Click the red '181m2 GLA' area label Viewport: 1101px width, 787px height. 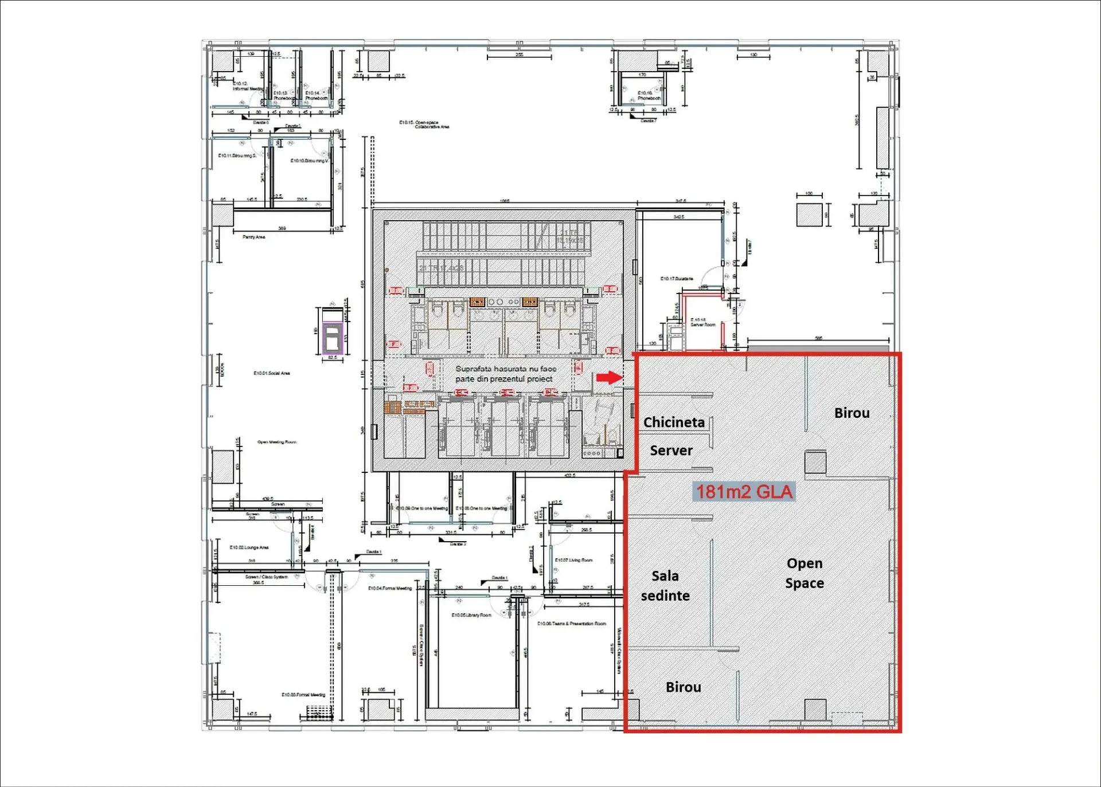[x=744, y=492]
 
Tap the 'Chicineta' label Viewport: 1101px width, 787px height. [x=674, y=422]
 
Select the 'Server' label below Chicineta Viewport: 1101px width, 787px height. [x=671, y=451]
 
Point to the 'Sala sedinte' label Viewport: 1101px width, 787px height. [x=665, y=586]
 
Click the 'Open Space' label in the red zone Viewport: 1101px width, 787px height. [x=805, y=573]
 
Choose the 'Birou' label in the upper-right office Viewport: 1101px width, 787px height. [x=852, y=413]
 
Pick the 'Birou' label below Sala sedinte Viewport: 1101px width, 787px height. [x=683, y=687]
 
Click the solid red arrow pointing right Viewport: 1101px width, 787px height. [x=609, y=377]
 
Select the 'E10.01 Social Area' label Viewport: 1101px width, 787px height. [x=272, y=373]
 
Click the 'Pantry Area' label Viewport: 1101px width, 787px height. [x=253, y=237]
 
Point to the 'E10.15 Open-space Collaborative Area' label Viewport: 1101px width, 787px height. [x=424, y=124]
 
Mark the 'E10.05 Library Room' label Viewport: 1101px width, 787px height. [x=471, y=615]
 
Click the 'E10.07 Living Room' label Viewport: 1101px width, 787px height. [x=573, y=560]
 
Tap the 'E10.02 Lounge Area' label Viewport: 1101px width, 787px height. [x=249, y=547]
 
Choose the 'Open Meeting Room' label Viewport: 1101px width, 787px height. [x=277, y=442]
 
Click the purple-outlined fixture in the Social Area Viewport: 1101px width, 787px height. [x=333, y=337]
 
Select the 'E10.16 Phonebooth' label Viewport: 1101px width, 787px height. [x=649, y=95]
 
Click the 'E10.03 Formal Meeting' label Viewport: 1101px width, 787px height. [x=303, y=695]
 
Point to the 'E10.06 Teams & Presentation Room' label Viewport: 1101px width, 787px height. [x=571, y=624]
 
